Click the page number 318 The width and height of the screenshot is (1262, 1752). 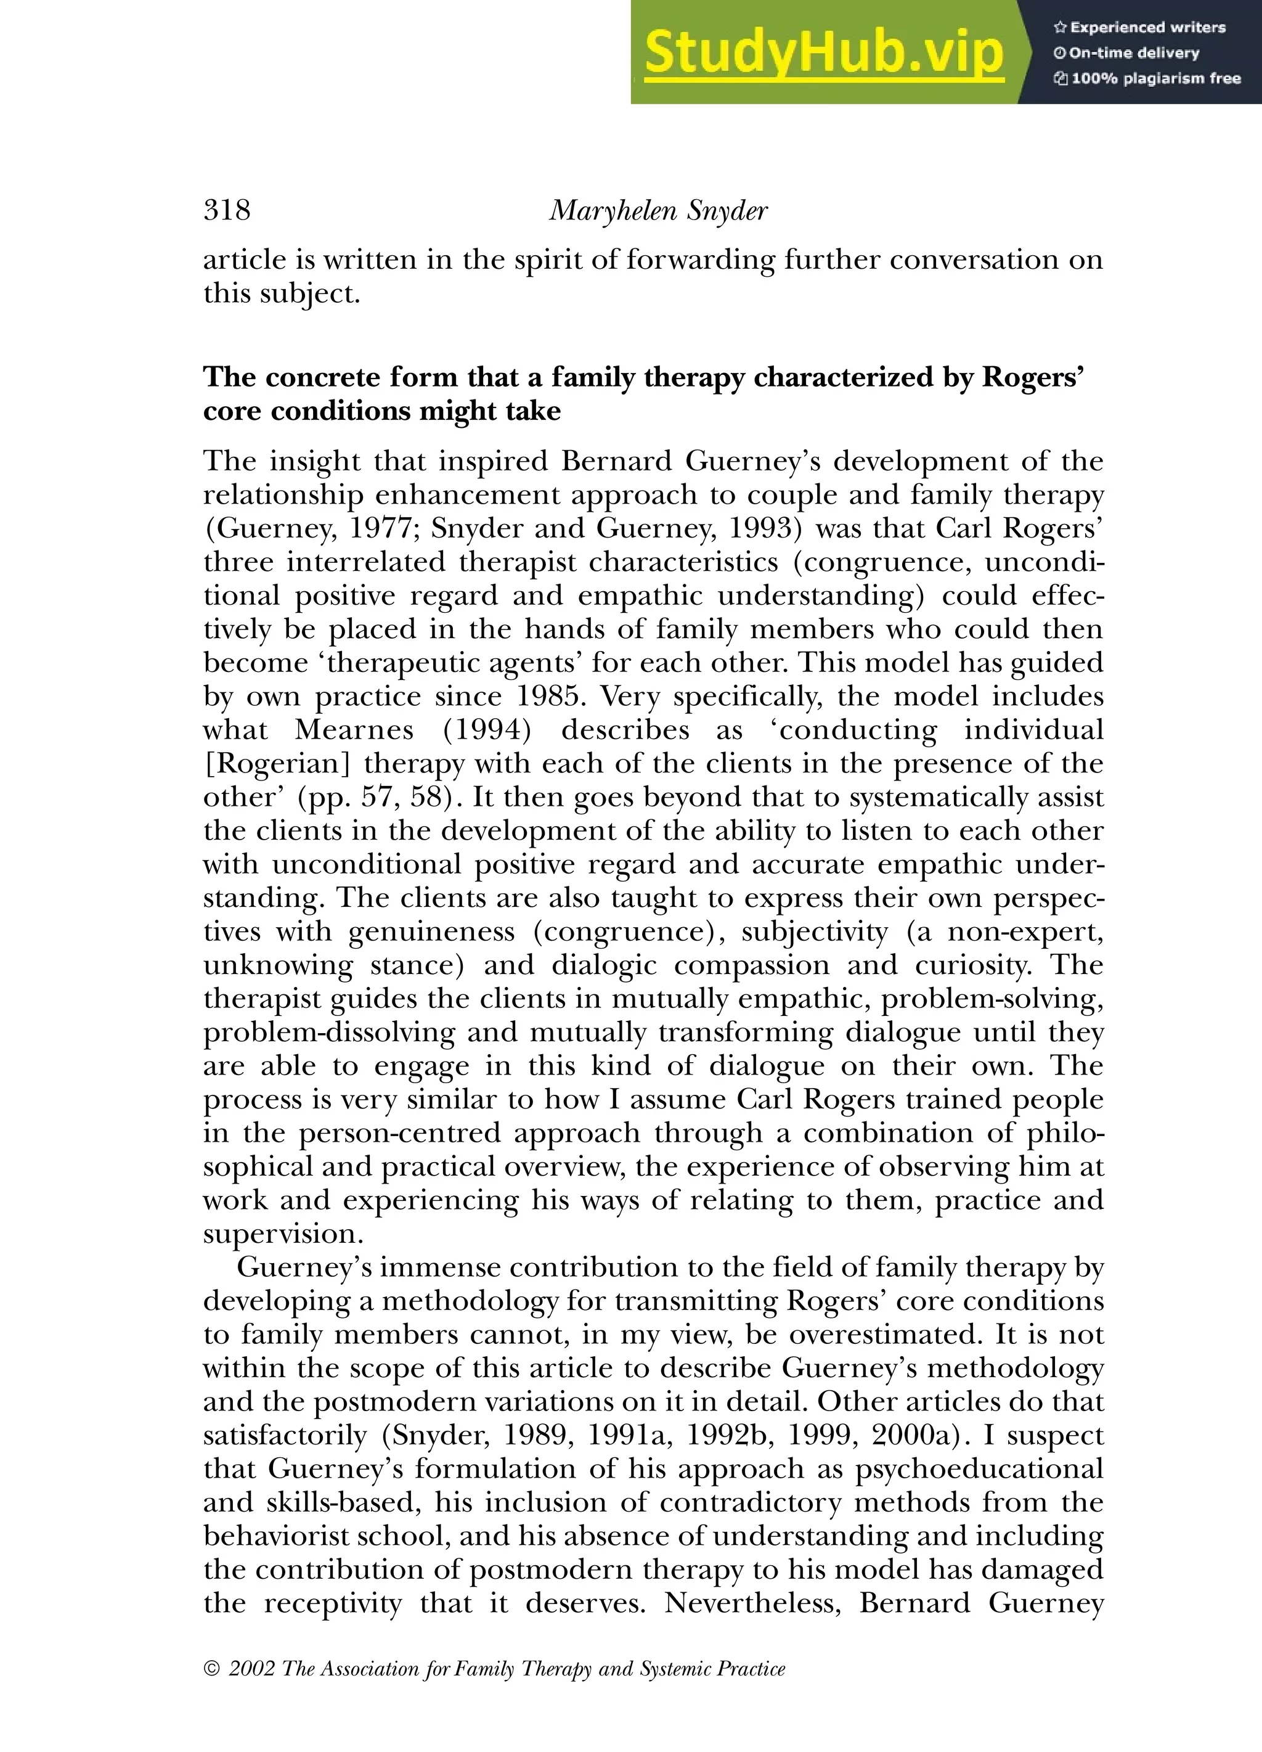pos(226,210)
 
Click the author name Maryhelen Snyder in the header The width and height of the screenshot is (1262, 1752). pos(658,210)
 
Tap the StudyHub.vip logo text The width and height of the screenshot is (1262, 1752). pos(823,52)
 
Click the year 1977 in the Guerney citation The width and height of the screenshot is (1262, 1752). pos(381,528)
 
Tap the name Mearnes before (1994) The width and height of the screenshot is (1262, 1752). pos(354,730)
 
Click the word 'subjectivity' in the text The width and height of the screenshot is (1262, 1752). pos(814,931)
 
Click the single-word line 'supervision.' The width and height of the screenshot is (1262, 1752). pos(283,1234)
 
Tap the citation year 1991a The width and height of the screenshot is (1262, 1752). pos(627,1435)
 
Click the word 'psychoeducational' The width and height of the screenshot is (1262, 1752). pos(979,1469)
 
